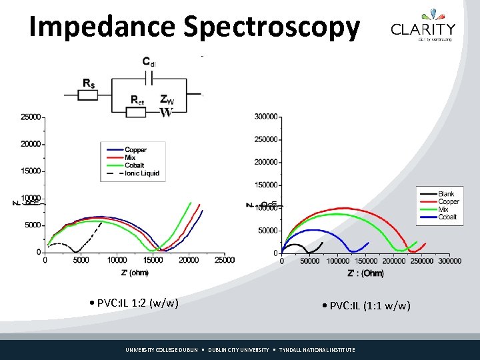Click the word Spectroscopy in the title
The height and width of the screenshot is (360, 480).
click(271, 27)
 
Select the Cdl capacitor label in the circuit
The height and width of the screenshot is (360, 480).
click(149, 62)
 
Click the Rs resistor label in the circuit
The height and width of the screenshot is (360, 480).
click(88, 83)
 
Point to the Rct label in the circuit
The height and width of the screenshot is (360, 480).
click(137, 100)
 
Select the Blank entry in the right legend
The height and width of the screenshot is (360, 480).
click(445, 194)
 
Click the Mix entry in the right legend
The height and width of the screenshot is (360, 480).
click(443, 209)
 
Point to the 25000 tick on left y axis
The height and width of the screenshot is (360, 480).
click(31, 117)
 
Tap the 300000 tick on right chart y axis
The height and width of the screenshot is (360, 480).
click(266, 117)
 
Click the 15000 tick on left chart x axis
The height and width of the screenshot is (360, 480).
click(153, 260)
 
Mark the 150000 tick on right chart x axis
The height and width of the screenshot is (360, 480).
click(365, 261)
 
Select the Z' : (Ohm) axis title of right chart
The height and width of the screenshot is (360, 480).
click(365, 273)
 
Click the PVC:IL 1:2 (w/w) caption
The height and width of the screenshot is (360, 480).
click(134, 303)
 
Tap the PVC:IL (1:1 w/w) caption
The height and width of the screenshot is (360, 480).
click(365, 305)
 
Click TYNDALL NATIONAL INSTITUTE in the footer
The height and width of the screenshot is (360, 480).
click(317, 350)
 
